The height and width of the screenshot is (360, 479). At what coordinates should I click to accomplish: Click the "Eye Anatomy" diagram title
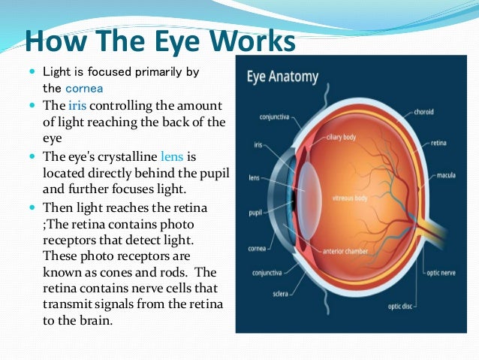(x=282, y=77)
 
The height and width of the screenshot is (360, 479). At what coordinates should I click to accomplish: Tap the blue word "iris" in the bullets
(x=77, y=106)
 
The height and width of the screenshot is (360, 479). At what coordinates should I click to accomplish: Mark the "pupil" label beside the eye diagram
(x=255, y=213)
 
